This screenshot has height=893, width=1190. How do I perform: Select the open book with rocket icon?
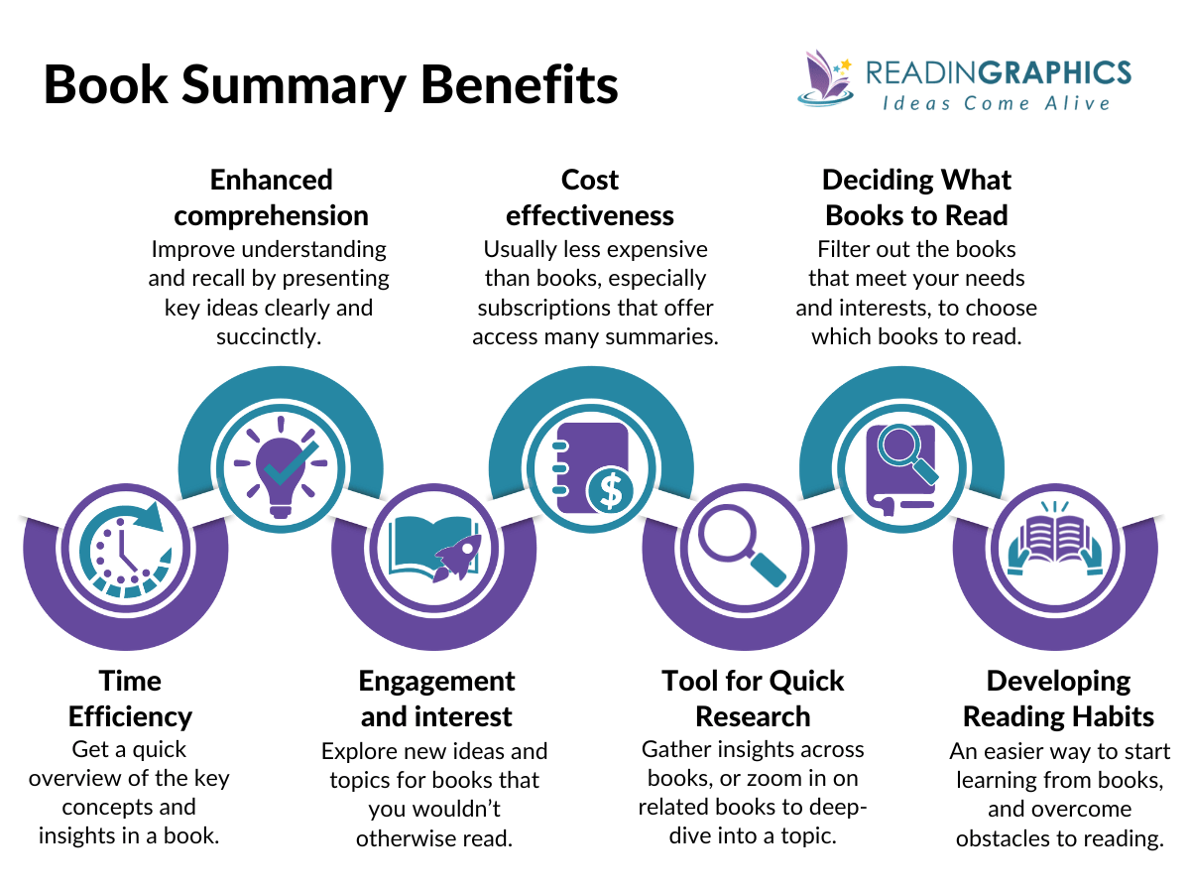pyautogui.click(x=434, y=549)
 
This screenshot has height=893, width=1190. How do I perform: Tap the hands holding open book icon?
pyautogui.click(x=1054, y=549)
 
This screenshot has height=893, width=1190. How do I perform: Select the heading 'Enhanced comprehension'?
pyautogui.click(x=271, y=197)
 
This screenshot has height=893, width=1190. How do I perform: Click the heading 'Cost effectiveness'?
pyautogui.click(x=590, y=197)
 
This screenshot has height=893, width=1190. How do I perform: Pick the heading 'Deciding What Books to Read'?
pyautogui.click(x=916, y=197)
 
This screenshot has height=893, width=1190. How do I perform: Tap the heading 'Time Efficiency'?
pyautogui.click(x=130, y=699)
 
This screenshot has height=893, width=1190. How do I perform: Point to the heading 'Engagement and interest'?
pyautogui.click(x=436, y=699)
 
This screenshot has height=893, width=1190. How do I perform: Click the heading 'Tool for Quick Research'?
pyautogui.click(x=753, y=699)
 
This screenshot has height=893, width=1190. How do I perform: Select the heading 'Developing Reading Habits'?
pyautogui.click(x=1058, y=699)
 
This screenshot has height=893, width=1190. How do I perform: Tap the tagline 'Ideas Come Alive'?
pyautogui.click(x=996, y=103)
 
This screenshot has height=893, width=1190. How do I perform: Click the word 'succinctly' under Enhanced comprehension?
pyautogui.click(x=269, y=336)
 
